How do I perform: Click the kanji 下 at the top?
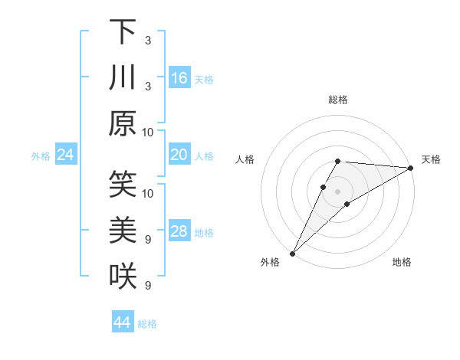pyautogui.click(x=123, y=31)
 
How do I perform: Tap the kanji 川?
pyautogui.click(x=123, y=78)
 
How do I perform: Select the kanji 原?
pyautogui.click(x=123, y=123)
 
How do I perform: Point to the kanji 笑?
pyautogui.click(x=123, y=185)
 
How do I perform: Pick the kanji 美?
pyautogui.click(x=123, y=231)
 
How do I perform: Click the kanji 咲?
pyautogui.click(x=123, y=277)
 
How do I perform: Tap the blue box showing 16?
pyautogui.click(x=179, y=78)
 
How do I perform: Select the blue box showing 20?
pyautogui.click(x=179, y=155)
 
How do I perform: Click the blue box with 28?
pyautogui.click(x=179, y=232)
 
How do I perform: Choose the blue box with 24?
pyautogui.click(x=65, y=155)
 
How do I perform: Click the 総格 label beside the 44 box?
pyautogui.click(x=147, y=324)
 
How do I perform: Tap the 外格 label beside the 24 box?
pyautogui.click(x=41, y=156)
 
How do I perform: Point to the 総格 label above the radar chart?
pyautogui.click(x=338, y=100)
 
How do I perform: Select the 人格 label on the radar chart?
pyautogui.click(x=245, y=159)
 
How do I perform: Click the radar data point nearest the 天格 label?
pyautogui.click(x=410, y=169)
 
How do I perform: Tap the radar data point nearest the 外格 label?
pyautogui.click(x=293, y=253)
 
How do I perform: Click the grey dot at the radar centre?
pyautogui.click(x=338, y=190)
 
